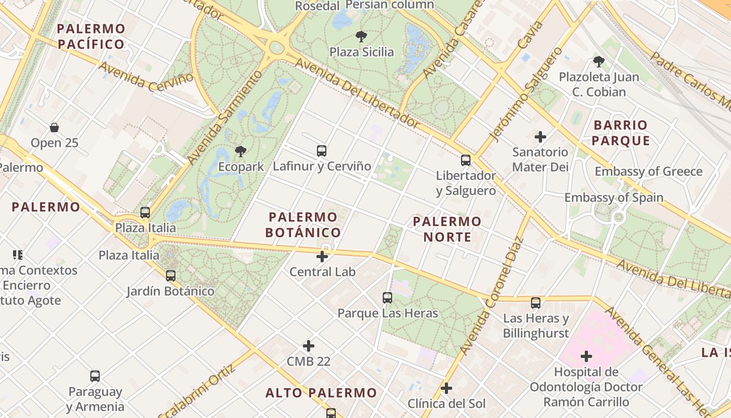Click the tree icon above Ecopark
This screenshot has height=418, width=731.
pyautogui.click(x=240, y=152)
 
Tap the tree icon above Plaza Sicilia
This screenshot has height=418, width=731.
pyautogui.click(x=361, y=37)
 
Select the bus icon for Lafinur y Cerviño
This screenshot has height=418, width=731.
pyautogui.click(x=322, y=151)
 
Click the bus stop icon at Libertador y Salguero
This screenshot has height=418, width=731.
pyautogui.click(x=466, y=160)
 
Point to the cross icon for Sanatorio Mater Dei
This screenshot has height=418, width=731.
pyautogui.click(x=540, y=137)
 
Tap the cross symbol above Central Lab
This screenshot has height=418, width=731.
pyautogui.click(x=322, y=257)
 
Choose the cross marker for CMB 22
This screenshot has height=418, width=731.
pyautogui.click(x=309, y=346)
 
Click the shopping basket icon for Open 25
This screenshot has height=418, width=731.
pyautogui.click(x=54, y=127)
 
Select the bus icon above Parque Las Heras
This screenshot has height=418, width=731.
pyautogui.click(x=387, y=298)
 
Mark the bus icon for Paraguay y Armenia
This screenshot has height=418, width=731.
pyautogui.click(x=95, y=376)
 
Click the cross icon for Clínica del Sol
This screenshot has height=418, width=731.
pyautogui.click(x=446, y=388)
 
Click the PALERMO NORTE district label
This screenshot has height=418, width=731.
pyautogui.click(x=447, y=229)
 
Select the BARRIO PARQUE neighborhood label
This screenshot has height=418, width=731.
pyautogui.click(x=621, y=133)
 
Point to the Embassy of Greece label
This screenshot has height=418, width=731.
pyautogui.click(x=649, y=171)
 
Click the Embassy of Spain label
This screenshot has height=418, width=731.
pyautogui.click(x=614, y=198)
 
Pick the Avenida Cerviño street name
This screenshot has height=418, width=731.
pyautogui.click(x=141, y=77)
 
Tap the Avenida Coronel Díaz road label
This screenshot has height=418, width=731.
pyautogui.click(x=488, y=296)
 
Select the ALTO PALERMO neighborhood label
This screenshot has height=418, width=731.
pyautogui.click(x=321, y=393)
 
